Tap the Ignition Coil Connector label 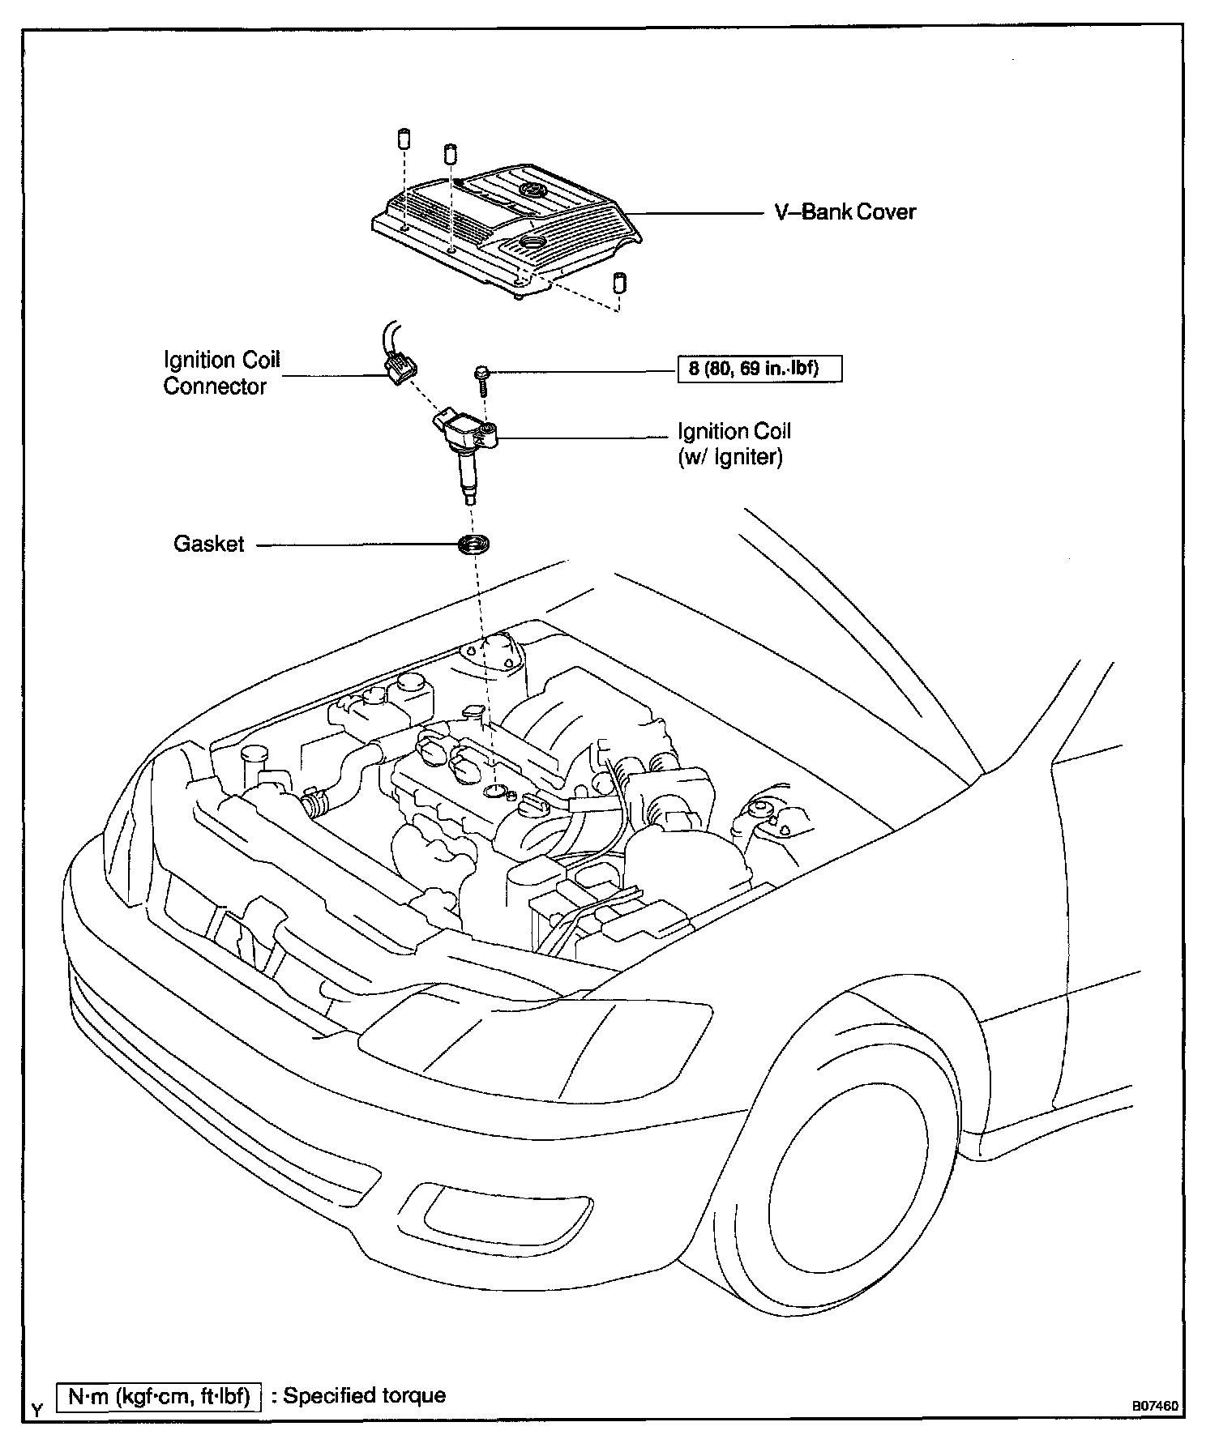pos(221,373)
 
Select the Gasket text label pos(209,544)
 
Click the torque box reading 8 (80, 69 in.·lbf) pos(759,369)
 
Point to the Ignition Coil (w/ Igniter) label pos(734,444)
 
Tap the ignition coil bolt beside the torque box pos(482,379)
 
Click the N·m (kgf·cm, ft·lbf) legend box pos(159,1396)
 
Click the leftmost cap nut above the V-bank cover pos(404,138)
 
